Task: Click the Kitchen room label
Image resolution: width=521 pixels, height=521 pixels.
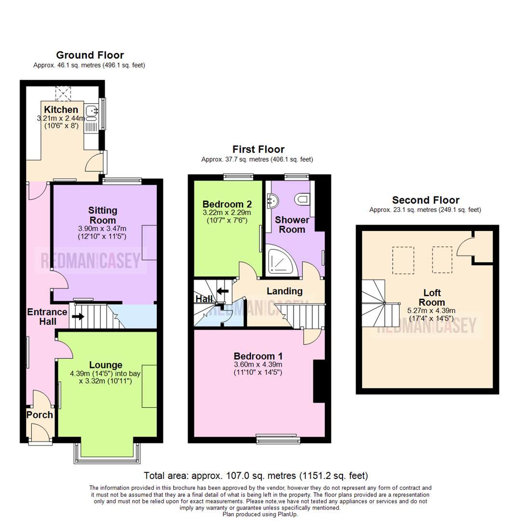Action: pyautogui.click(x=61, y=110)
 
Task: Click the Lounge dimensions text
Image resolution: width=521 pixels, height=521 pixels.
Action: pyautogui.click(x=102, y=377)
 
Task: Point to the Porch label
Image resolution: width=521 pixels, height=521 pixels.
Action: pyautogui.click(x=40, y=415)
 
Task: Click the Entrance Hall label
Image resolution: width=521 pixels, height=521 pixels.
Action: pyautogui.click(x=47, y=316)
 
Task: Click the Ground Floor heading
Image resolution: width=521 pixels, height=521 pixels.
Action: pyautogui.click(x=90, y=55)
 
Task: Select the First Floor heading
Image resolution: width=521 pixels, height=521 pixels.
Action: pyautogui.click(x=259, y=149)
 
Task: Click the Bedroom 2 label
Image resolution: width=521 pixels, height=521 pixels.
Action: pyautogui.click(x=226, y=203)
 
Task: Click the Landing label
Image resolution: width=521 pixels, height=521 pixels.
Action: pyautogui.click(x=285, y=291)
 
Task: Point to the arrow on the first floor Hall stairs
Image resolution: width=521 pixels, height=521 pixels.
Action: pyautogui.click(x=223, y=291)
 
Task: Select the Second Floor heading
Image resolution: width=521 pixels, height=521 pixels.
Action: pyautogui.click(x=425, y=200)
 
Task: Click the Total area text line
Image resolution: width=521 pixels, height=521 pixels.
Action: pyautogui.click(x=256, y=475)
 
